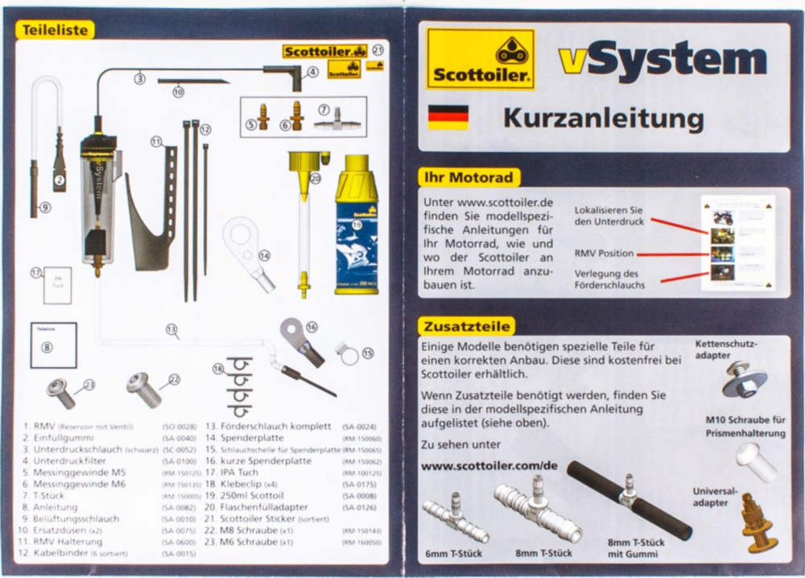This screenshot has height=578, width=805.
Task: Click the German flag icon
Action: coord(448,117)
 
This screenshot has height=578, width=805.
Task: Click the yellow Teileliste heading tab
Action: coord(54,30)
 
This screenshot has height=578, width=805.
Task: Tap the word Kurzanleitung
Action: coord(603,118)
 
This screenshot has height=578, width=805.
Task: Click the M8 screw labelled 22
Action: coord(144,390)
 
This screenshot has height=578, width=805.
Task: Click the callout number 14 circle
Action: coord(265,255)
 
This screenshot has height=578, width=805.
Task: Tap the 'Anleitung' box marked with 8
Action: coord(53,345)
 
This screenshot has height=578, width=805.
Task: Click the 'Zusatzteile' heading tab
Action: coord(466,326)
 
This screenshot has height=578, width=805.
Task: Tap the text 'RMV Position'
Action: coord(604,254)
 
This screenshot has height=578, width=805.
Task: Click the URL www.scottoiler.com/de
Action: coord(489,465)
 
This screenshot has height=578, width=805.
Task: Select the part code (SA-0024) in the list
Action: coord(359,427)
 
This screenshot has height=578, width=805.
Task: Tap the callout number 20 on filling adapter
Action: coord(315,179)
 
